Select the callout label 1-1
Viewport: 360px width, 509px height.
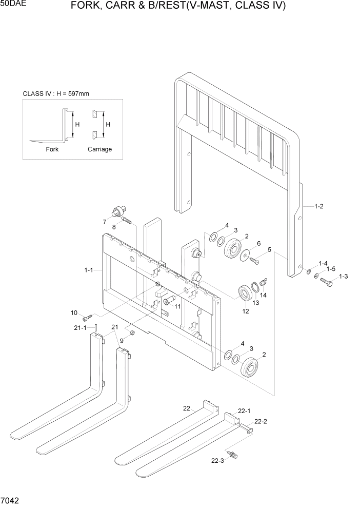pos(89,269)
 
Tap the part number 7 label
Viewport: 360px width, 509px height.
pos(104,222)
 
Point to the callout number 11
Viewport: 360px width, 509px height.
pos(177,306)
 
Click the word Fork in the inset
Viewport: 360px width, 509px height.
pos(52,149)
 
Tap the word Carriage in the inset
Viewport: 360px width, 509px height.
pos(99,149)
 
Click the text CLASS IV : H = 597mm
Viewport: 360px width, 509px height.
pos(56,93)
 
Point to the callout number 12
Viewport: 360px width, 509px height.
pos(245,310)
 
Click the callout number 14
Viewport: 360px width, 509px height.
pos(263,295)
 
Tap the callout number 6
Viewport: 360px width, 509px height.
pos(258,243)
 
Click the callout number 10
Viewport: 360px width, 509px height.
pos(74,312)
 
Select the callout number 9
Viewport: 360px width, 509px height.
pos(122,340)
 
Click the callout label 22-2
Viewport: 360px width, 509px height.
pos(261,421)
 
